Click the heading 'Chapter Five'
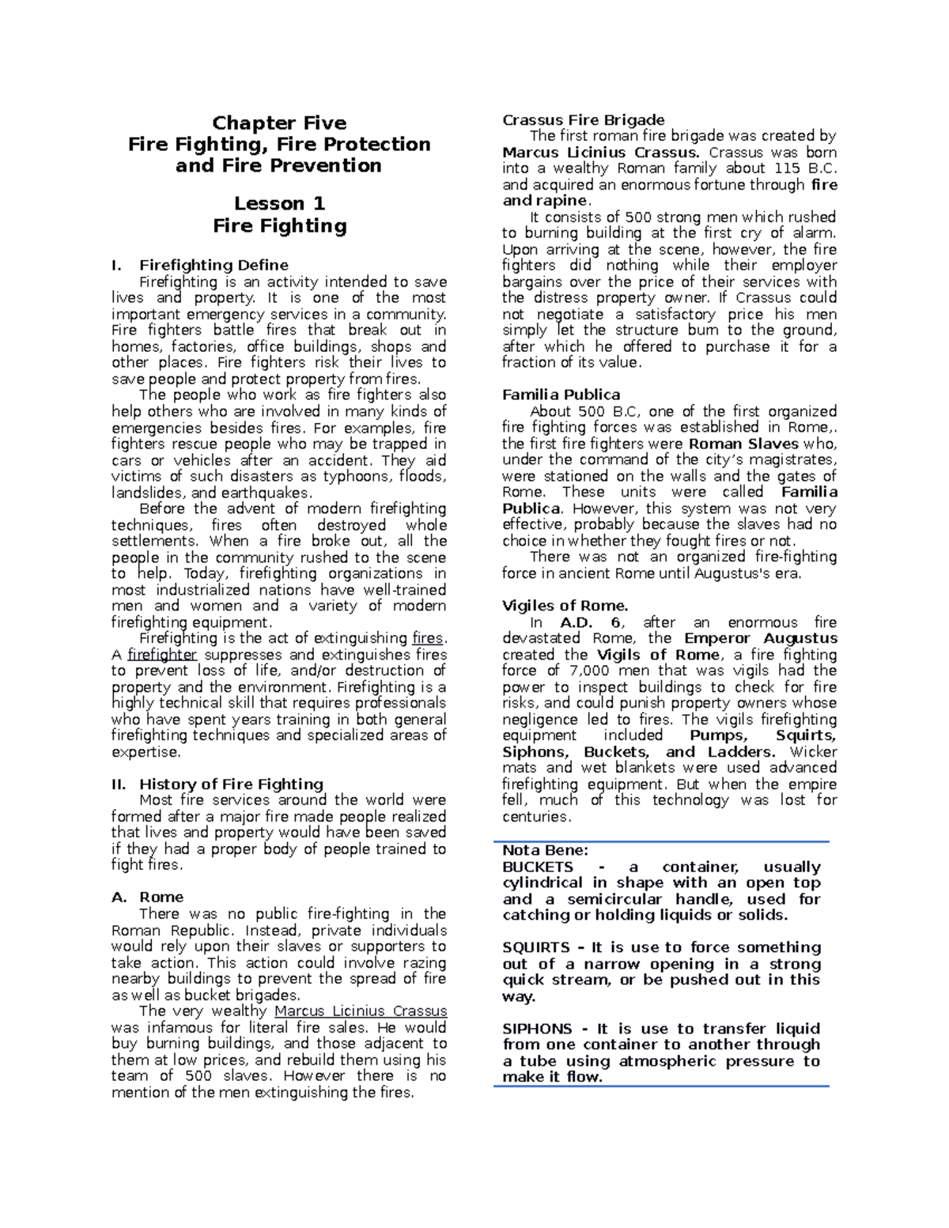point(279,123)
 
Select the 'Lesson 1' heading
point(279,203)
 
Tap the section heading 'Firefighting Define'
point(214,265)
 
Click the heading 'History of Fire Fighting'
point(231,784)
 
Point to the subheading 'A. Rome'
point(148,897)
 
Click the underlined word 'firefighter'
point(162,655)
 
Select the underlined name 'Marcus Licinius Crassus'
point(361,1011)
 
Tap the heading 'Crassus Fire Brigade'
point(584,120)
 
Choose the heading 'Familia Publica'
point(561,395)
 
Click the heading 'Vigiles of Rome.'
point(565,606)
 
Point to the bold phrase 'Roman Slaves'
point(744,444)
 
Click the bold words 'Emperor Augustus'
point(760,638)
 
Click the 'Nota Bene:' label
point(546,851)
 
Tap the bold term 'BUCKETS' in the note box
point(538,867)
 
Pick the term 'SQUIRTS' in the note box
point(536,947)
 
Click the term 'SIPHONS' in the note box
point(537,1029)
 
